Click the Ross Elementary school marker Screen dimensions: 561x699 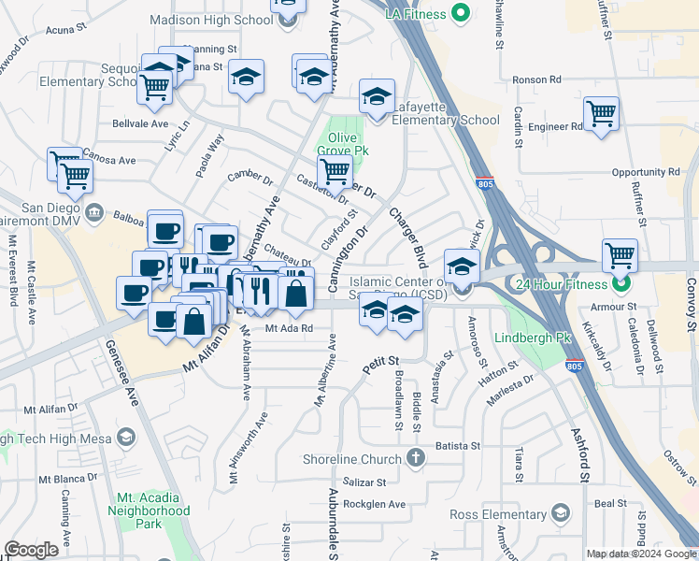click(x=560, y=512)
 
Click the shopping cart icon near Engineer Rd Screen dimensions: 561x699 click(x=601, y=114)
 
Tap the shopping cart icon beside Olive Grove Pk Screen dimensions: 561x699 click(x=335, y=171)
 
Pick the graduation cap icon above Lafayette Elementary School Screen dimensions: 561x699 click(x=377, y=97)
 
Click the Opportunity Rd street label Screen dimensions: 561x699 click(x=646, y=173)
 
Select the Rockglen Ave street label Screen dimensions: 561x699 click(x=373, y=504)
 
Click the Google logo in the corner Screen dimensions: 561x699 click(x=31, y=550)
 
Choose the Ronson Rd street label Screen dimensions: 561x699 click(x=563, y=79)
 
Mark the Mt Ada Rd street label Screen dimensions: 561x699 click(x=287, y=328)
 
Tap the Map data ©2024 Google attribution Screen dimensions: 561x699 click(x=640, y=554)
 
